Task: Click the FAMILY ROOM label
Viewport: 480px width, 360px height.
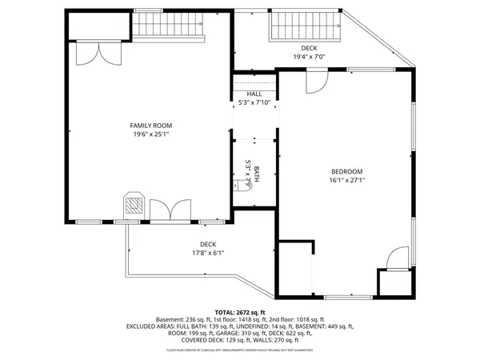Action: coord(151,126)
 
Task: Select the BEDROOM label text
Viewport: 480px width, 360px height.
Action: coord(347,171)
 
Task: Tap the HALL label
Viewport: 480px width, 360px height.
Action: coord(254,94)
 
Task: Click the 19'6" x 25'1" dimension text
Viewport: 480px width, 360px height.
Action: coord(151,135)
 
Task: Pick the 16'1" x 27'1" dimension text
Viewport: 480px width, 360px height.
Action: coord(347,181)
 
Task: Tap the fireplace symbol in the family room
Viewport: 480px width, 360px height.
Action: coord(133,206)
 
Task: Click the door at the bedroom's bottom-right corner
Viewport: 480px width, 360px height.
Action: coord(391,260)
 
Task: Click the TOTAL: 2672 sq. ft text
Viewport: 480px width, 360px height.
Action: coord(240,312)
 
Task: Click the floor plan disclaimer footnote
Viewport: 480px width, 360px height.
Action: coord(240,350)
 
